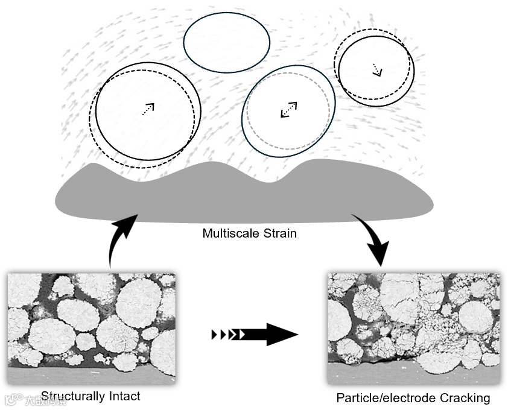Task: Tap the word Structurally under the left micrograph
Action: (x=74, y=396)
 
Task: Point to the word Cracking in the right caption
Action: (x=462, y=398)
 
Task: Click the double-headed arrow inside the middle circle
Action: (x=289, y=110)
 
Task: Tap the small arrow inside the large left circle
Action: (x=148, y=109)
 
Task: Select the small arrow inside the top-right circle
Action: (x=377, y=69)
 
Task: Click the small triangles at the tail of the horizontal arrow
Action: (x=226, y=333)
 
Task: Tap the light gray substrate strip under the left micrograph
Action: (x=90, y=376)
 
